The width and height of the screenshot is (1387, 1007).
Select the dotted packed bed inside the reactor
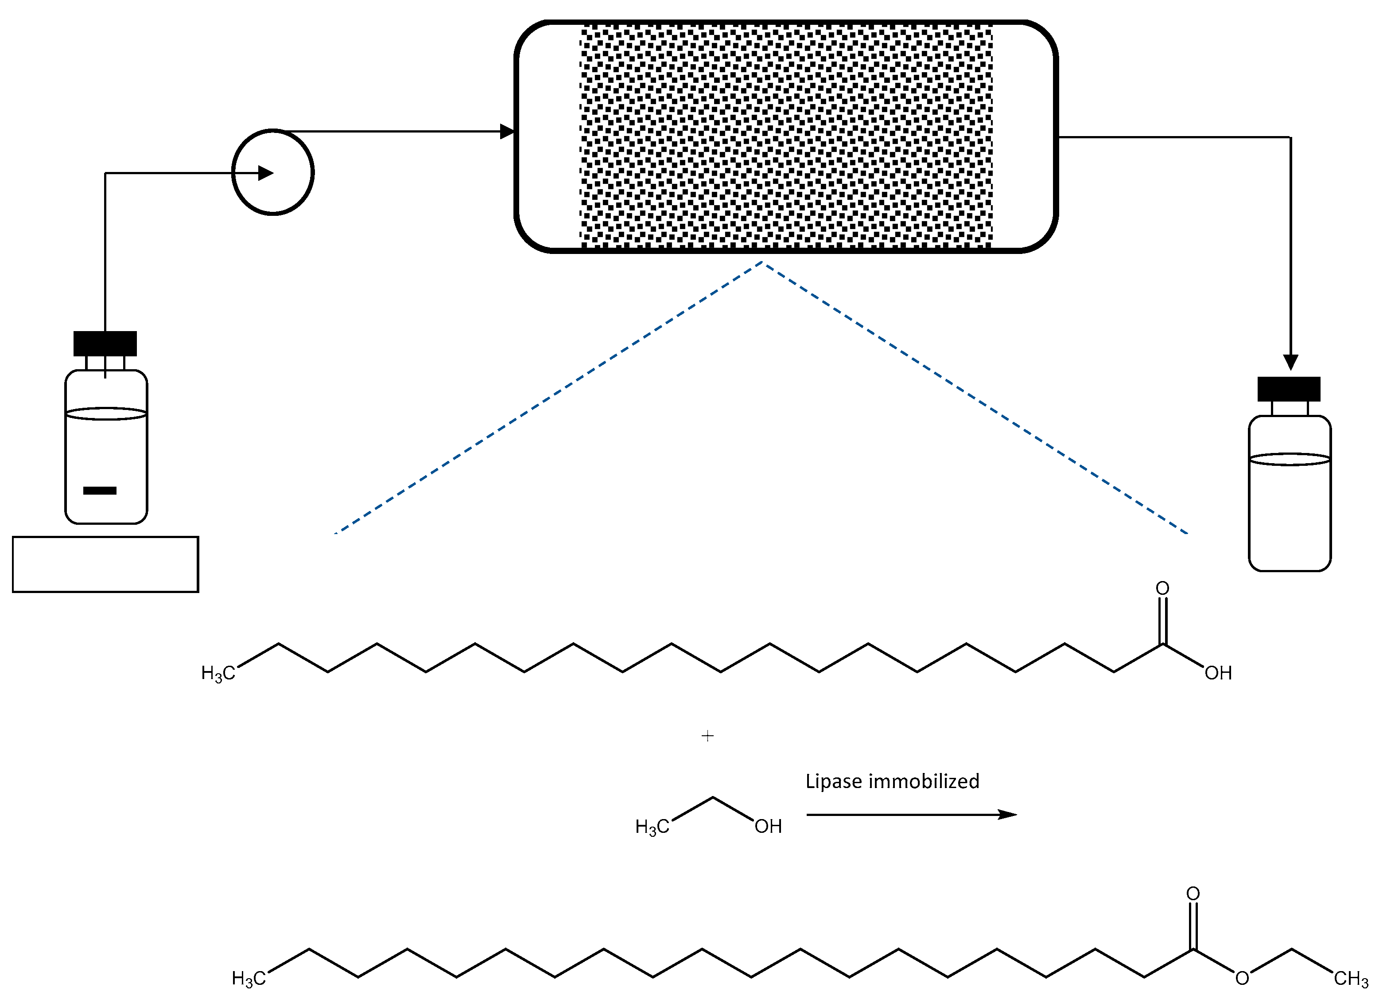tap(786, 136)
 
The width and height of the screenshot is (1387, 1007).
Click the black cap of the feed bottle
tap(105, 343)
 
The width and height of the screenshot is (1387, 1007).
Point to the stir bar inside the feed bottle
tap(100, 491)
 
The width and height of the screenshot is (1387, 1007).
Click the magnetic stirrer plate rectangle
tap(105, 564)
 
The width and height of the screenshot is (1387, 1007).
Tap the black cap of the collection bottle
tap(1289, 389)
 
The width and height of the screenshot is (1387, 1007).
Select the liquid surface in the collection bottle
tap(1290, 460)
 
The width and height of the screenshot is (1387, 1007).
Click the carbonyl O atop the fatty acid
tap(1162, 589)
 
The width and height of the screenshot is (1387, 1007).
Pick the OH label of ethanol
tap(768, 827)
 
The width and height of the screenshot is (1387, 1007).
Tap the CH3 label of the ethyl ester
tap(1351, 979)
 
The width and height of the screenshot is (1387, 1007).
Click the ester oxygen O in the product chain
tap(1242, 978)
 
